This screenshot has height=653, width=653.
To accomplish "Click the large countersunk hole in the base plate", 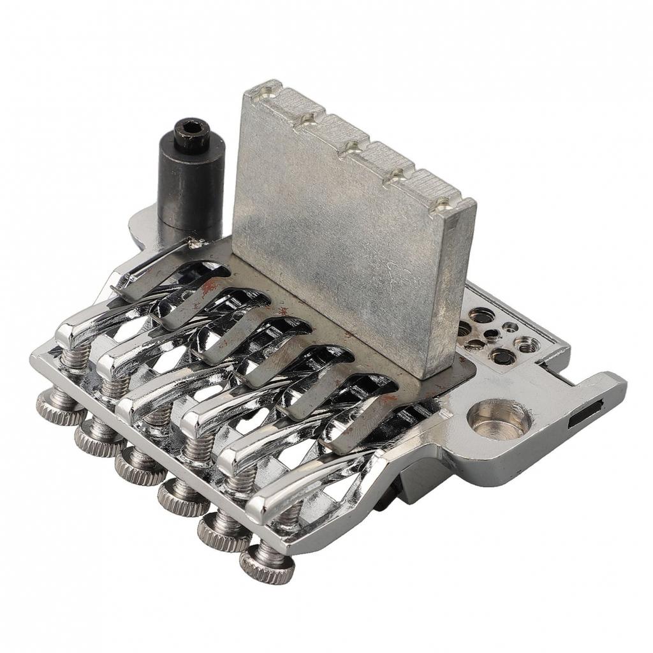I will tap(498, 420).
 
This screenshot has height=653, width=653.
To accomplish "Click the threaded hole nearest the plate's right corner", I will tap(527, 345).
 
